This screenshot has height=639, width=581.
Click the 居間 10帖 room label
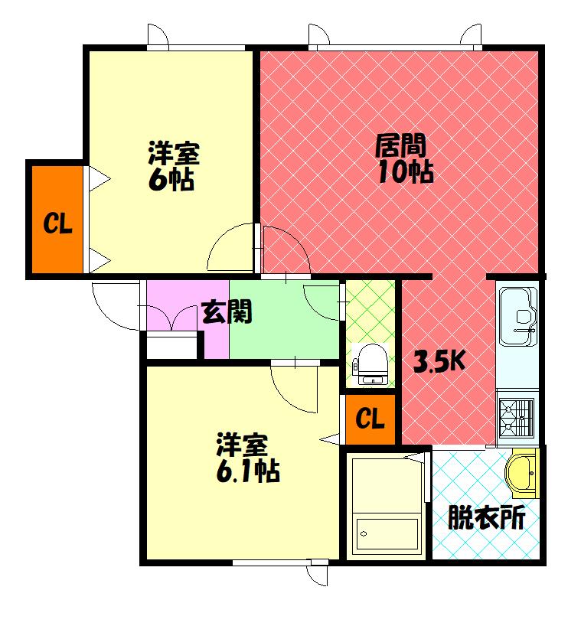tap(403, 158)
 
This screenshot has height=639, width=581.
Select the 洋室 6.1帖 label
tap(246, 458)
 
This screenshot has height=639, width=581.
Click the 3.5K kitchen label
tap(439, 361)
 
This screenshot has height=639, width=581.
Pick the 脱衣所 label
tap(486, 519)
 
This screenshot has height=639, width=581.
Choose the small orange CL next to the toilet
tap(370, 419)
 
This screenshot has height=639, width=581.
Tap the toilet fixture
tap(372, 363)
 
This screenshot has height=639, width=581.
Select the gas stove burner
tap(515, 418)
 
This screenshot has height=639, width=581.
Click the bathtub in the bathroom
tap(386, 533)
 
